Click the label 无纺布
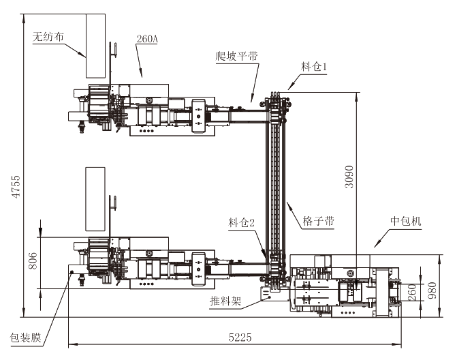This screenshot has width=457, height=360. (48, 37)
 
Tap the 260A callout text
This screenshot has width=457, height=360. (147, 39)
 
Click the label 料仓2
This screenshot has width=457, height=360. (242, 222)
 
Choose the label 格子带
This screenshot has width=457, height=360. (319, 222)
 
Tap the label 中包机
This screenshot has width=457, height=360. (406, 222)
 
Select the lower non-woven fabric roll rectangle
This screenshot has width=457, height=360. (95, 198)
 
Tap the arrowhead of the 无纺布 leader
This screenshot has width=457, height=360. (84, 55)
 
